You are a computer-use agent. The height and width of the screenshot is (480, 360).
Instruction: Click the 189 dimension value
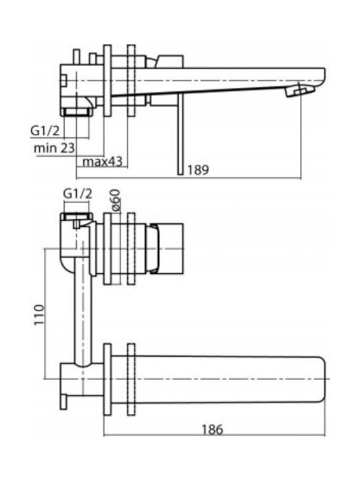click(x=198, y=169)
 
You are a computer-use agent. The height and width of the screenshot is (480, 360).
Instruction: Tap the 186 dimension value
click(x=212, y=429)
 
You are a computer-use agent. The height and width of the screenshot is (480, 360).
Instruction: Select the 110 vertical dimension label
click(x=39, y=315)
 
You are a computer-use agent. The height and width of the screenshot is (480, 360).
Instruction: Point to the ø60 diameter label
click(x=116, y=200)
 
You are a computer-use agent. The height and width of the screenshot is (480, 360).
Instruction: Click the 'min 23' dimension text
click(x=54, y=148)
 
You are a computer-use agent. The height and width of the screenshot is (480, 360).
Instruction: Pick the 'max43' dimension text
click(x=102, y=161)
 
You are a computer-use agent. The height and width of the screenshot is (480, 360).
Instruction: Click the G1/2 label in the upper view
click(x=45, y=131)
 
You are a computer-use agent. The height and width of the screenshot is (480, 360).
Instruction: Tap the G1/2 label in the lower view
click(x=77, y=194)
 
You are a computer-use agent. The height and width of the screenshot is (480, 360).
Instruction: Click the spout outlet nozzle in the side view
click(x=300, y=91)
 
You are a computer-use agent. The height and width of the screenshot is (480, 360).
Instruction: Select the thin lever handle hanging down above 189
click(x=180, y=134)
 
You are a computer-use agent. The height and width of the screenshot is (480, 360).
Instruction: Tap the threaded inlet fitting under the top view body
click(x=77, y=111)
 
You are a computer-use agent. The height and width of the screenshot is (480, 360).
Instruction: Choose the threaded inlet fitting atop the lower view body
click(x=77, y=217)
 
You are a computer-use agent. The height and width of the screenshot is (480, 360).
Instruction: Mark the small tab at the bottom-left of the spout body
click(x=63, y=401)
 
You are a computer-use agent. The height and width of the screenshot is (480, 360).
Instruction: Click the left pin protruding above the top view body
click(x=77, y=57)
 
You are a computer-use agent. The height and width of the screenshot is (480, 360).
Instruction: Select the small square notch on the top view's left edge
click(x=63, y=81)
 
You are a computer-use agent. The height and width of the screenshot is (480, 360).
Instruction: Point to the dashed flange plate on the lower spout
click(x=131, y=379)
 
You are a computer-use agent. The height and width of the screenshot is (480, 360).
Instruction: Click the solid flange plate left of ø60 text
click(x=107, y=249)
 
